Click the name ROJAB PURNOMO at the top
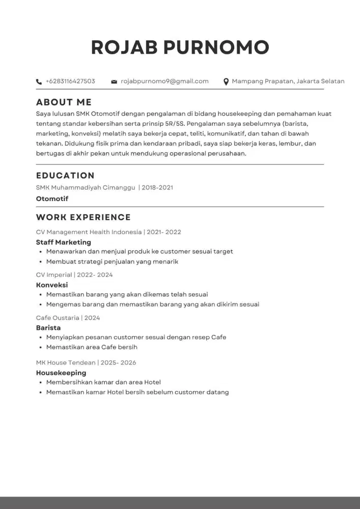point(180,47)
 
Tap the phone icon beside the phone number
point(39,81)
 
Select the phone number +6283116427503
point(70,81)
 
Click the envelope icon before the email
point(114,81)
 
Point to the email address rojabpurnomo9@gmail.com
point(164,81)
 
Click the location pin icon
point(226,81)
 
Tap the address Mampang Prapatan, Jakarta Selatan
point(288,81)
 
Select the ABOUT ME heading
point(64,102)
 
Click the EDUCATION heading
point(65,176)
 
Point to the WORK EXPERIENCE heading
point(84,217)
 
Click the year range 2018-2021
point(157,187)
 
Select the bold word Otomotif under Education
point(52,199)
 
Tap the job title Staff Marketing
point(64,242)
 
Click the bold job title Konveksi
point(52,285)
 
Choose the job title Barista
point(48,328)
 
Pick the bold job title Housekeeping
point(61,373)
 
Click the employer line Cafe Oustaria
point(58,318)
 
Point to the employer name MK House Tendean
point(66,362)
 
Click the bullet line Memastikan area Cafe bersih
point(92,347)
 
